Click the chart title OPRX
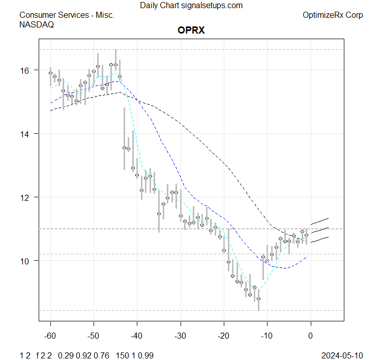coord(191,31)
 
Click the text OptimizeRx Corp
coord(333,15)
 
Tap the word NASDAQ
coord(37,24)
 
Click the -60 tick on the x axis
coord(50,336)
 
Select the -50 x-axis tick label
coord(94,336)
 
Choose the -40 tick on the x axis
coord(137,336)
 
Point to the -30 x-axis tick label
coord(180,336)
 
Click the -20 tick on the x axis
coord(223,336)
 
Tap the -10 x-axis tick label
coord(267,336)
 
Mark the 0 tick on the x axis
coord(310,336)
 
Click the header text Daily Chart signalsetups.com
coord(191,6)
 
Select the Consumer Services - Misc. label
coord(67,15)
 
